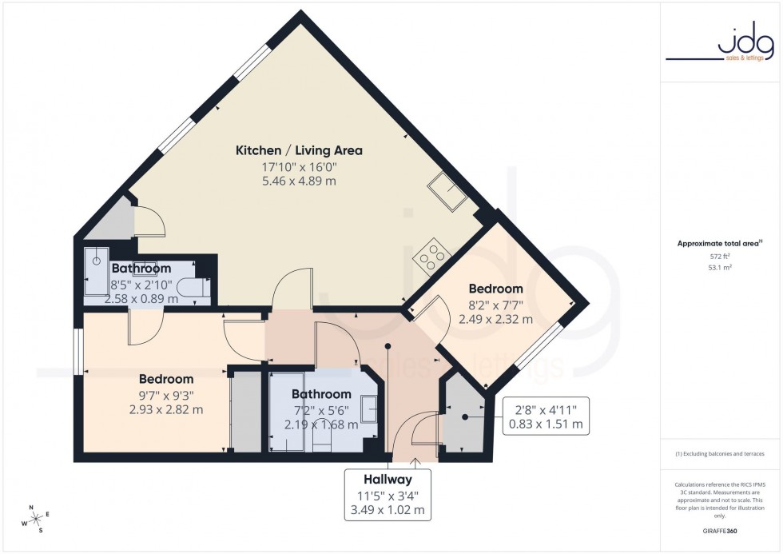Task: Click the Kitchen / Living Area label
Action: point(299,150)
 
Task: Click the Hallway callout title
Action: point(388,480)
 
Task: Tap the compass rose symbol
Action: point(36,520)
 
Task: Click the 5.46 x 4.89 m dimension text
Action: point(299,181)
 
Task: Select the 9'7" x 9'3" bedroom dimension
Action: point(166,394)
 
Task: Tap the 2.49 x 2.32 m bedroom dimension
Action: point(495,319)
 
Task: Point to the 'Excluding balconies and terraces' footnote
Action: point(720,454)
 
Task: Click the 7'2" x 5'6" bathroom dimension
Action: point(321,409)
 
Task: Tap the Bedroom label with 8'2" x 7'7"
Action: point(495,289)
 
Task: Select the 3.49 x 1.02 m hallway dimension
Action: point(388,509)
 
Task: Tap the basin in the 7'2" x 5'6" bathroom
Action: point(371,409)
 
